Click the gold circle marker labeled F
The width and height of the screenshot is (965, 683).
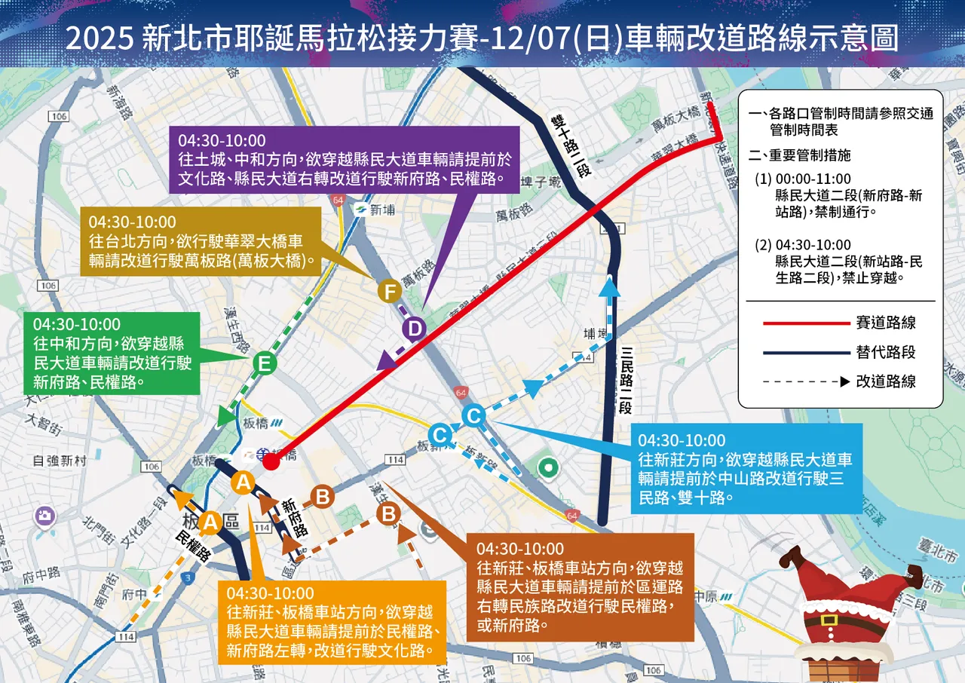coord(390,290)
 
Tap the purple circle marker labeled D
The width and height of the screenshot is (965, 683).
coord(414,329)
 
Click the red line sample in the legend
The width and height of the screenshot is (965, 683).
coord(806,323)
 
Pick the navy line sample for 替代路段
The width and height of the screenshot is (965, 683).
coord(806,352)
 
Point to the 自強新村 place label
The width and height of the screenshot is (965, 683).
coord(60,461)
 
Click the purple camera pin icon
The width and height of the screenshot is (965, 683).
coord(45,516)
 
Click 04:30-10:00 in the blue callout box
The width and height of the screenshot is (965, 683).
coord(682,440)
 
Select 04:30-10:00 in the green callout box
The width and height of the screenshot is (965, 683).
coord(76,324)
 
